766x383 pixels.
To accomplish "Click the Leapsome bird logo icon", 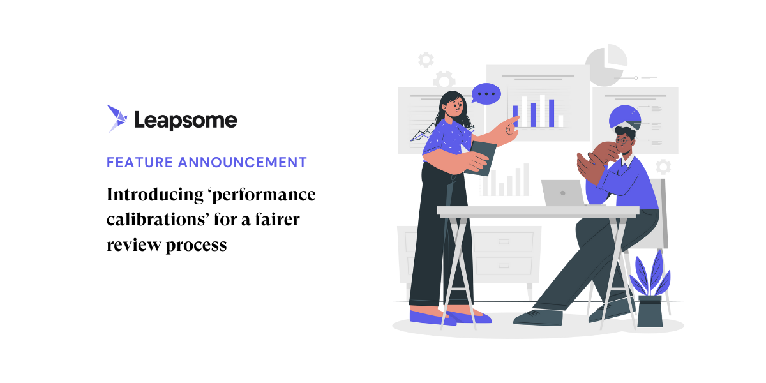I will tap(117, 118).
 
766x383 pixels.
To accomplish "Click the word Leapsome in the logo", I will tap(186, 120).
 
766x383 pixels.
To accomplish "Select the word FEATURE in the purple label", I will tap(139, 162).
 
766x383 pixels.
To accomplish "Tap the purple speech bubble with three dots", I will tap(486, 94).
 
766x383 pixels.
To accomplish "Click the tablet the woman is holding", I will tap(484, 158).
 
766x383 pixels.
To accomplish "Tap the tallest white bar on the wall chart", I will tap(543, 111).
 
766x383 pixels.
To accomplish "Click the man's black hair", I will tap(625, 131).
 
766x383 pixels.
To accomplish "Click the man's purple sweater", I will tap(638, 185).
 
